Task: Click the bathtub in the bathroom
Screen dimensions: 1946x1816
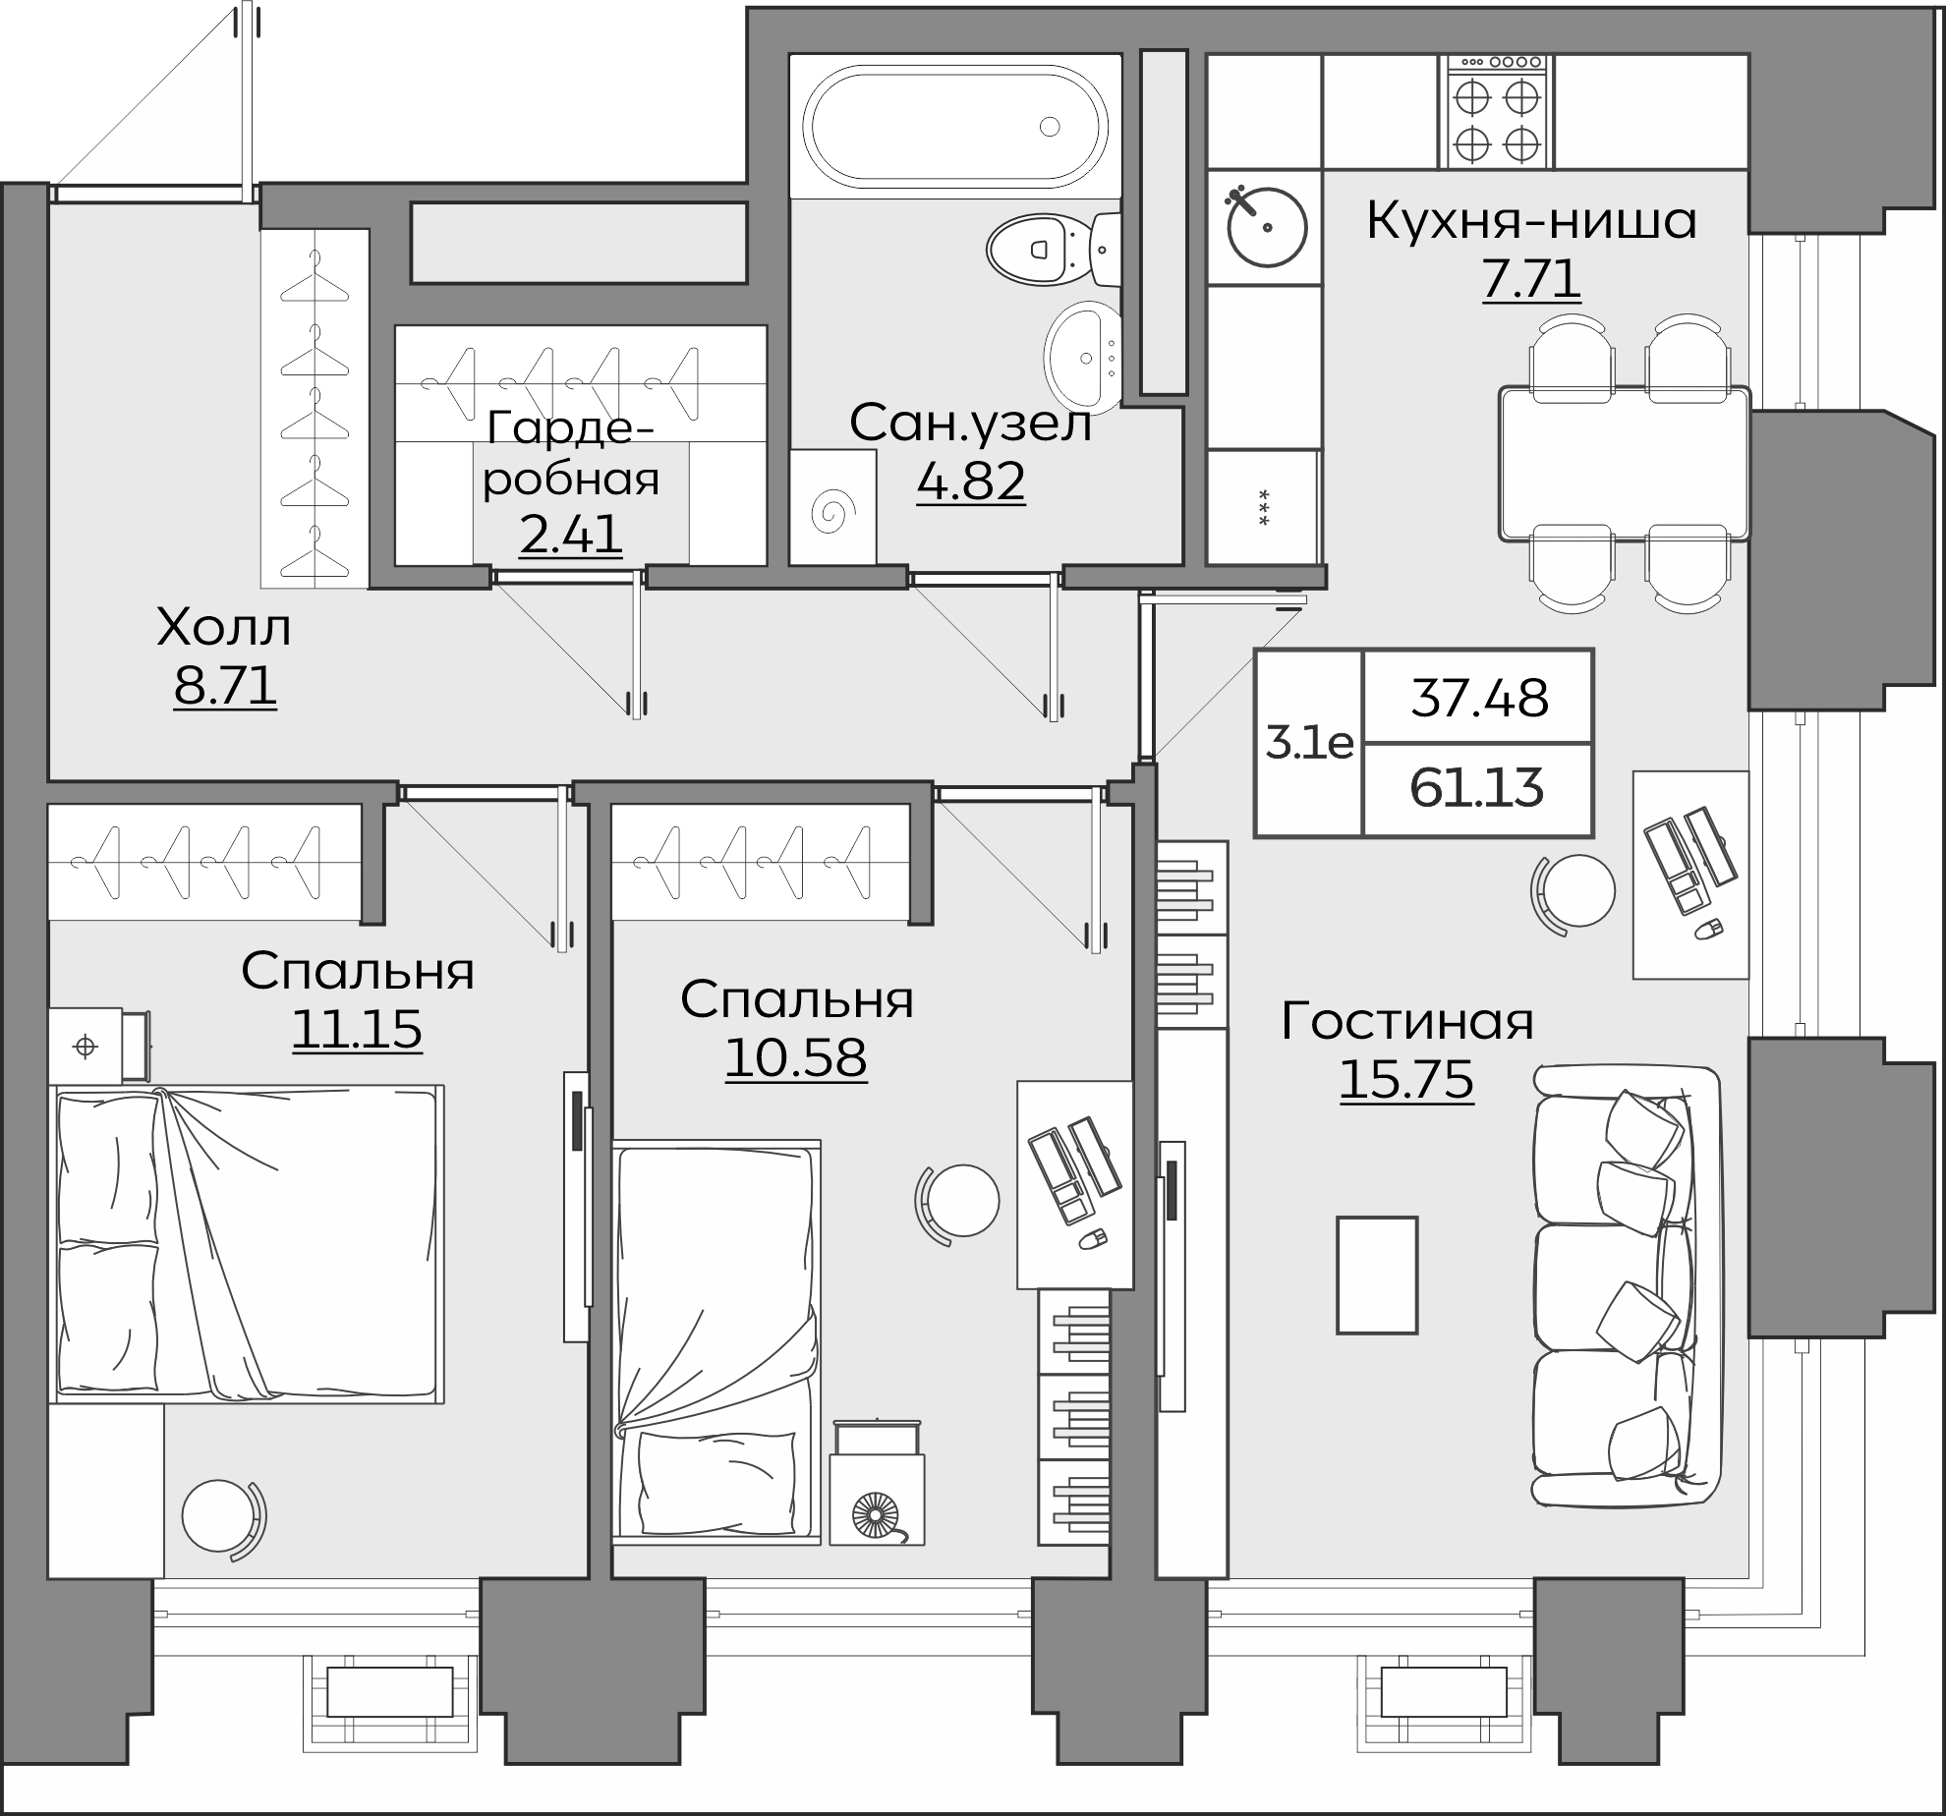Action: [x=955, y=126]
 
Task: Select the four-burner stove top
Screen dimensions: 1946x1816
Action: [x=1497, y=111]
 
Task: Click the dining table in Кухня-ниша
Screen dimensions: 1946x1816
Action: [x=1625, y=463]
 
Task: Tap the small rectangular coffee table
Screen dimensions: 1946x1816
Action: [x=1377, y=1275]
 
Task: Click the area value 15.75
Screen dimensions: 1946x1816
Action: [x=1406, y=1079]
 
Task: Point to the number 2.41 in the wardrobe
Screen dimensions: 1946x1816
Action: [x=571, y=535]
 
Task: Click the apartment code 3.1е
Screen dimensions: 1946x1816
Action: [x=1309, y=743]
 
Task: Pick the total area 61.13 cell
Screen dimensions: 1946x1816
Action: [x=1477, y=788]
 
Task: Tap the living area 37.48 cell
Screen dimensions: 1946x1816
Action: [x=1477, y=697]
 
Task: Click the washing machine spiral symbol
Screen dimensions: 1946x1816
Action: [x=832, y=509]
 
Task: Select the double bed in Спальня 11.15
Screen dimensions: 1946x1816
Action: [x=246, y=1243]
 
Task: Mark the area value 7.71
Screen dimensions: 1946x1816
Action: [x=1531, y=279]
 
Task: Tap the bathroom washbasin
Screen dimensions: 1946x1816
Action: [x=1081, y=356]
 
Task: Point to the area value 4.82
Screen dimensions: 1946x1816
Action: [x=971, y=481]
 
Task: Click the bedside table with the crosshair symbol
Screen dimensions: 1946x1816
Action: [x=98, y=1046]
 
